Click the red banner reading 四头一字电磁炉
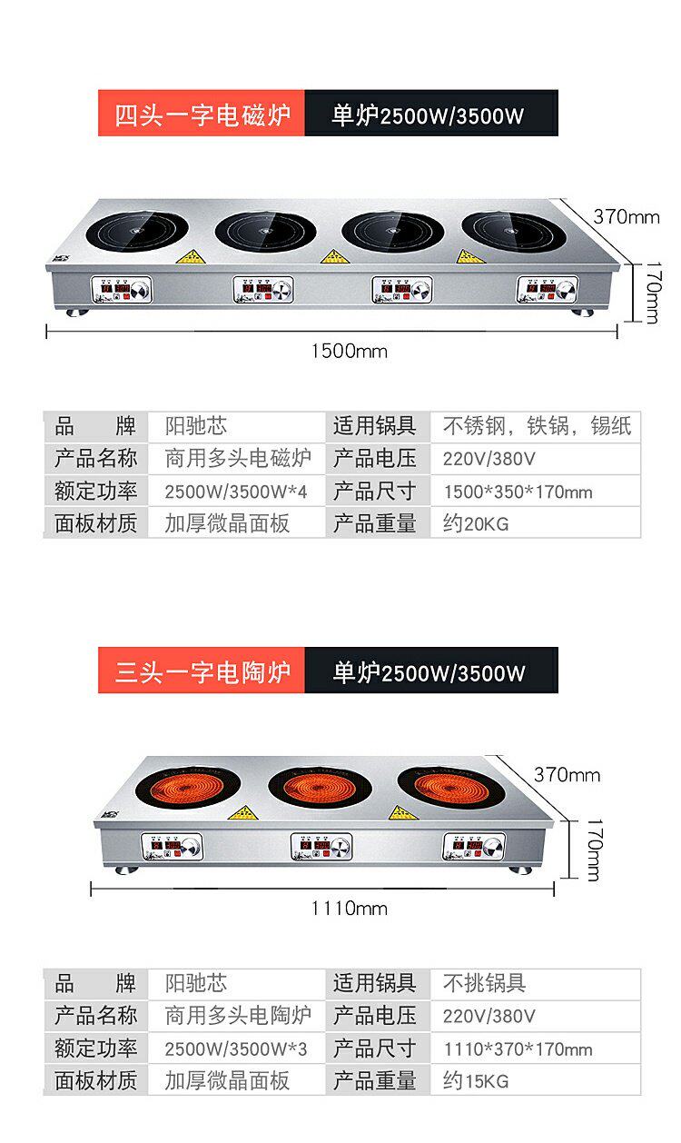[x=202, y=114]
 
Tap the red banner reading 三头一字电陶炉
[x=202, y=672]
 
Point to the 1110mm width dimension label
[x=349, y=908]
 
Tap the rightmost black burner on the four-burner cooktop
[x=513, y=230]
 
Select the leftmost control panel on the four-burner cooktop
[x=121, y=291]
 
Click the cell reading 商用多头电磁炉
[x=238, y=458]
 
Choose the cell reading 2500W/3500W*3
[x=236, y=1049]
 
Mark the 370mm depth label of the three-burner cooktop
[x=567, y=775]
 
